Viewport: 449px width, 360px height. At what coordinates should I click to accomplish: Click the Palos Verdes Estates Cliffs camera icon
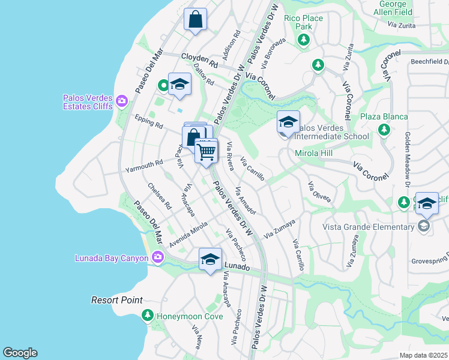click(122, 100)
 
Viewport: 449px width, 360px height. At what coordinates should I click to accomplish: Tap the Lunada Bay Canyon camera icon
click(158, 258)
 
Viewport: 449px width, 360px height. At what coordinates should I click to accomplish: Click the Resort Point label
click(117, 300)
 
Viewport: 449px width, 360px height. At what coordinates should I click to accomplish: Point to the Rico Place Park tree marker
click(304, 40)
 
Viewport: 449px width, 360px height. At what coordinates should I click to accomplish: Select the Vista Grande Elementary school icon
click(424, 226)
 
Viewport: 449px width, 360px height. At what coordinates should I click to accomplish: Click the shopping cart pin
click(206, 151)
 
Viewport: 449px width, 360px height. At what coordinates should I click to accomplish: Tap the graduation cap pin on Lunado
click(210, 260)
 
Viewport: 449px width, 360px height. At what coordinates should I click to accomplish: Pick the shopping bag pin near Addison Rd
click(196, 19)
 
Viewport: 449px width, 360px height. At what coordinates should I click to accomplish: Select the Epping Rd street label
click(149, 121)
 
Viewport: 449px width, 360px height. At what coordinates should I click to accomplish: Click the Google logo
click(20, 353)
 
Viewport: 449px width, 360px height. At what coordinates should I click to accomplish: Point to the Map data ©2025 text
click(423, 355)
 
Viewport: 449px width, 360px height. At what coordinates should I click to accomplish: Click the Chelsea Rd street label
click(160, 196)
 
